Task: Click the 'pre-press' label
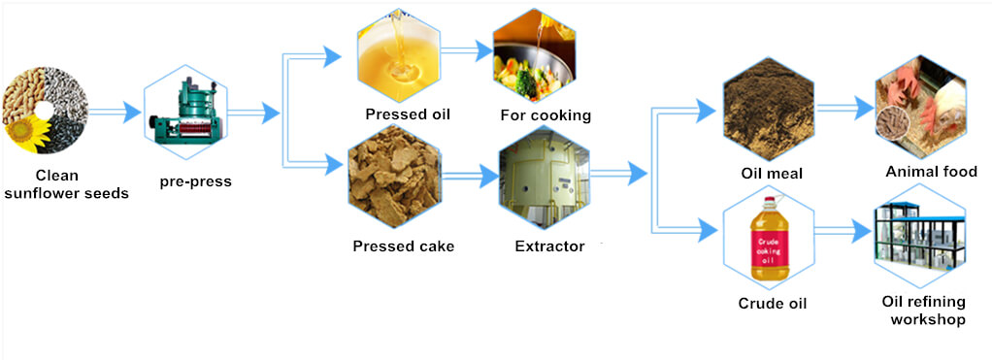196,180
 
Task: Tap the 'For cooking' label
546,115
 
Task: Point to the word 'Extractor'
549,246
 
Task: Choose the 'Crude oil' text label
773,304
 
